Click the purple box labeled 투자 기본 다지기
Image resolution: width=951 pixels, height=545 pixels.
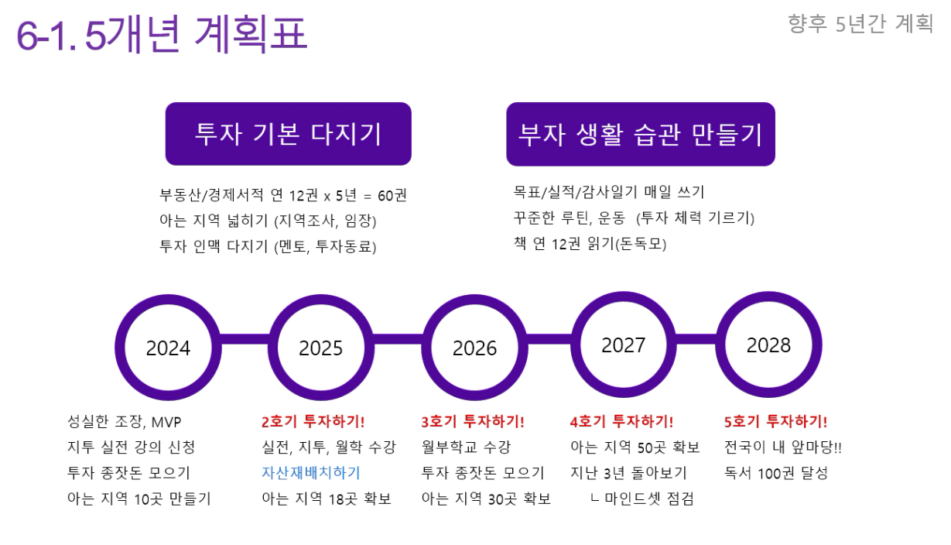click(x=289, y=134)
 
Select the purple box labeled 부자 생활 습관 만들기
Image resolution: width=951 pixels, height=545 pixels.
click(x=641, y=134)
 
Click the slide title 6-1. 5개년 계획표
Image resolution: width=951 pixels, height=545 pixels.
click(x=161, y=34)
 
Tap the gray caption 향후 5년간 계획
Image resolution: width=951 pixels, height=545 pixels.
click(x=860, y=24)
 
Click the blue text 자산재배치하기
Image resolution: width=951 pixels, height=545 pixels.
click(x=311, y=473)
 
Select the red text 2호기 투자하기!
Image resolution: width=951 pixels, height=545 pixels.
click(x=313, y=422)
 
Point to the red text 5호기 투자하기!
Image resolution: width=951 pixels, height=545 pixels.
click(x=775, y=422)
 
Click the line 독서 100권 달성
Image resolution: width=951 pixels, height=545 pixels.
click(x=776, y=473)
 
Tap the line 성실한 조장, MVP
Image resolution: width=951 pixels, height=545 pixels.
click(x=125, y=422)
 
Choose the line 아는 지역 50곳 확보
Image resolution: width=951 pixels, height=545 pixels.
click(x=635, y=447)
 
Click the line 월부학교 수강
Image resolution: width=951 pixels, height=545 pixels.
click(x=466, y=447)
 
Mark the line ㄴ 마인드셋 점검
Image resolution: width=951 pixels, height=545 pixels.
click(x=642, y=499)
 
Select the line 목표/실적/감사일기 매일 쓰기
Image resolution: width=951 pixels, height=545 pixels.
click(x=609, y=192)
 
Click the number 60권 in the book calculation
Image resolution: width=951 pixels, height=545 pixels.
click(x=392, y=195)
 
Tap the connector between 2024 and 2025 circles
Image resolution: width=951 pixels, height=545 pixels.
click(x=245, y=339)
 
